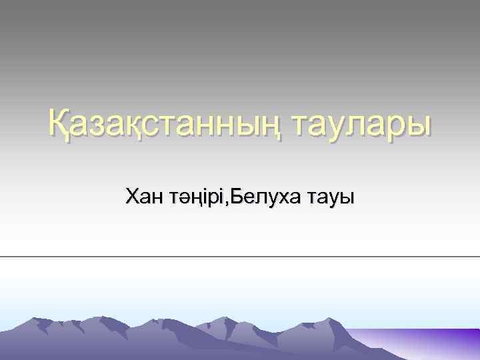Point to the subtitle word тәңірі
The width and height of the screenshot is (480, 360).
[x=198, y=197]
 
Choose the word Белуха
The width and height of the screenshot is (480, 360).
[x=267, y=197]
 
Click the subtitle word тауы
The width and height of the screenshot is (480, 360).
[x=331, y=197]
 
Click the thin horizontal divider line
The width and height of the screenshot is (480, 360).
[x=240, y=256]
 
